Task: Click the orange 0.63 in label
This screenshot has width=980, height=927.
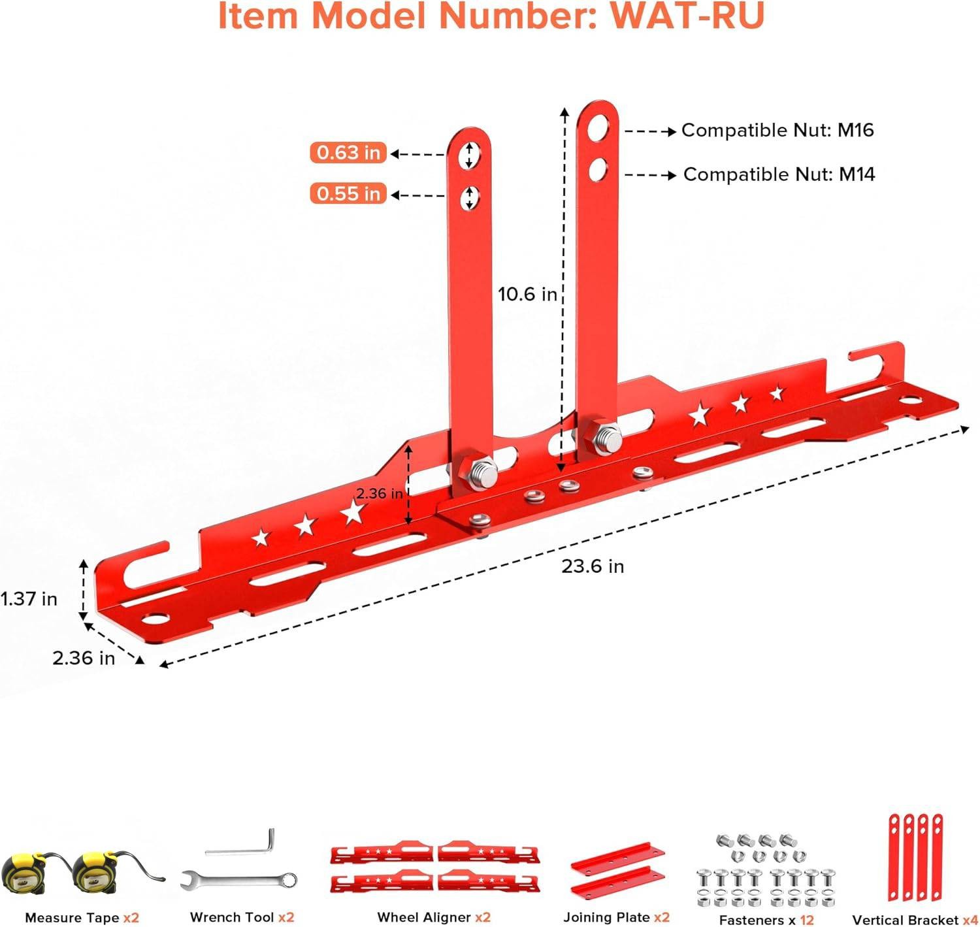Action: [x=348, y=153]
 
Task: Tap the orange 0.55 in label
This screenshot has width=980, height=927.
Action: [x=348, y=194]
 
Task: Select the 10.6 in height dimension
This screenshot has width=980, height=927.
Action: [x=527, y=295]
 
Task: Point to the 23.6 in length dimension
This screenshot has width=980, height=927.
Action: [x=593, y=566]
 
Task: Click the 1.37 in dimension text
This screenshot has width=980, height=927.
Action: [x=29, y=598]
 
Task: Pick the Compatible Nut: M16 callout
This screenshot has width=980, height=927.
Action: [x=777, y=131]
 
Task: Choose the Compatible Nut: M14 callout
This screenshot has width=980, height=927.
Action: [x=779, y=174]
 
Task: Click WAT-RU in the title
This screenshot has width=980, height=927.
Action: [x=687, y=16]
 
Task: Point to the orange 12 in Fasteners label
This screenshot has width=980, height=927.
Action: [x=807, y=920]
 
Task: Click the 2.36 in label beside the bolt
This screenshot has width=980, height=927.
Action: [x=380, y=493]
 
